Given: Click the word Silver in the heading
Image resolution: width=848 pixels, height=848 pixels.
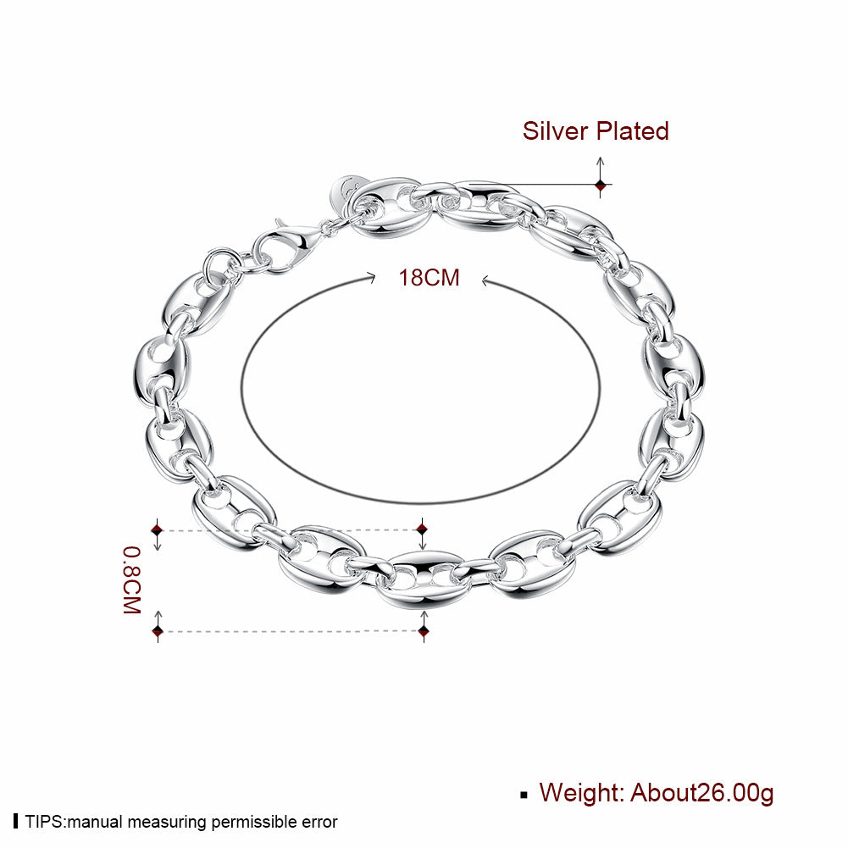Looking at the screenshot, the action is (555, 130).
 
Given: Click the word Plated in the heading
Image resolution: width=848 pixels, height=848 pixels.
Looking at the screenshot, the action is (633, 130).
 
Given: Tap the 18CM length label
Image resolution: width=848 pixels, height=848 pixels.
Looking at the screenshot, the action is (429, 278).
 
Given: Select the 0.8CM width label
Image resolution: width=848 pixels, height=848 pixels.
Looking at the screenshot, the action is (132, 579).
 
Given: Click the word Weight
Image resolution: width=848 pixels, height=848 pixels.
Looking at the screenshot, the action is (582, 792).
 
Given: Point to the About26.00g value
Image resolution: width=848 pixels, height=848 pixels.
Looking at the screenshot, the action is (702, 794).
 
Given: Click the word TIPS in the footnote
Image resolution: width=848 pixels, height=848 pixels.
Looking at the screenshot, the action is (45, 822).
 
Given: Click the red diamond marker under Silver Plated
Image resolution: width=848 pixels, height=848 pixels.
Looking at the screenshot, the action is (601, 186).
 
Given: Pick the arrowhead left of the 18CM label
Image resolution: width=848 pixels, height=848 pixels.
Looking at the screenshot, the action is (371, 278).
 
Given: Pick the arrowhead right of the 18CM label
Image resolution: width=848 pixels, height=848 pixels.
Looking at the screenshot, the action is (486, 280).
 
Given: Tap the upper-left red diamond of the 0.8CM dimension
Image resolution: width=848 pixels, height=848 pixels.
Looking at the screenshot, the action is (158, 529).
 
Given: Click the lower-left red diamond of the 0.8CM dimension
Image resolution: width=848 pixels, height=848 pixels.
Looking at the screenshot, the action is (158, 630).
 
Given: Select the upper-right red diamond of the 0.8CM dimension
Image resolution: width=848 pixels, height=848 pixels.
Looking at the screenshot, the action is (423, 528).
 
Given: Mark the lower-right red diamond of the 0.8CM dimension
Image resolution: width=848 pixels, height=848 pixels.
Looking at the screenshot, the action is (424, 630).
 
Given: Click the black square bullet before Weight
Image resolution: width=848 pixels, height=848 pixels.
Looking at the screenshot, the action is (524, 795).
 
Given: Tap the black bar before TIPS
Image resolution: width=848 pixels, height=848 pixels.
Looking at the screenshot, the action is (16, 821).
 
